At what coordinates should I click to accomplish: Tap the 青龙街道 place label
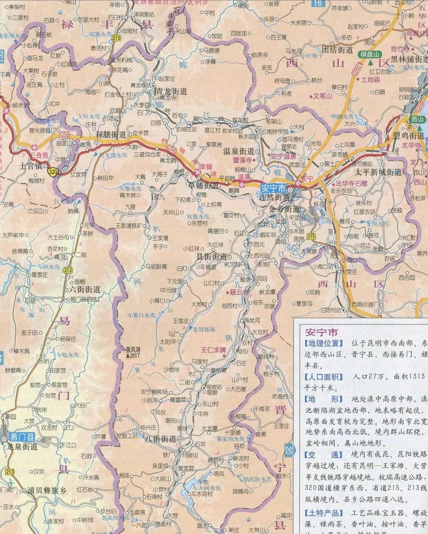click(x=171, y=92)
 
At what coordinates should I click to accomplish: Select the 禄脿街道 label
click(x=111, y=135)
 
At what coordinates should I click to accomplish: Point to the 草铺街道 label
click(x=204, y=186)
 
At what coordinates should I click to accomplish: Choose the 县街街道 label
click(x=211, y=256)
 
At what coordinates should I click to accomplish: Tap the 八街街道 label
click(x=160, y=438)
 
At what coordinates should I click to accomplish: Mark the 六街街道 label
click(x=85, y=290)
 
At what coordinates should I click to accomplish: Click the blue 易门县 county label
click(x=22, y=437)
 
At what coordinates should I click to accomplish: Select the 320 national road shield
click(x=53, y=172)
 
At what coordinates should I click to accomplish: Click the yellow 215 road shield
click(x=311, y=236)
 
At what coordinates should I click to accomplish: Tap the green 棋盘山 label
click(x=370, y=54)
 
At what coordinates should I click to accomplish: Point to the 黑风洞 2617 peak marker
click(x=133, y=352)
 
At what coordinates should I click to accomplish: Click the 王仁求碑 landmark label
click(x=213, y=350)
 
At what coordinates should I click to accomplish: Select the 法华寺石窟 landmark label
click(x=351, y=183)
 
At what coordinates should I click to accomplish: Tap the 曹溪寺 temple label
click(x=242, y=160)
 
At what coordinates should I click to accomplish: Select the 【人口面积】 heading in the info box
click(x=324, y=377)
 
